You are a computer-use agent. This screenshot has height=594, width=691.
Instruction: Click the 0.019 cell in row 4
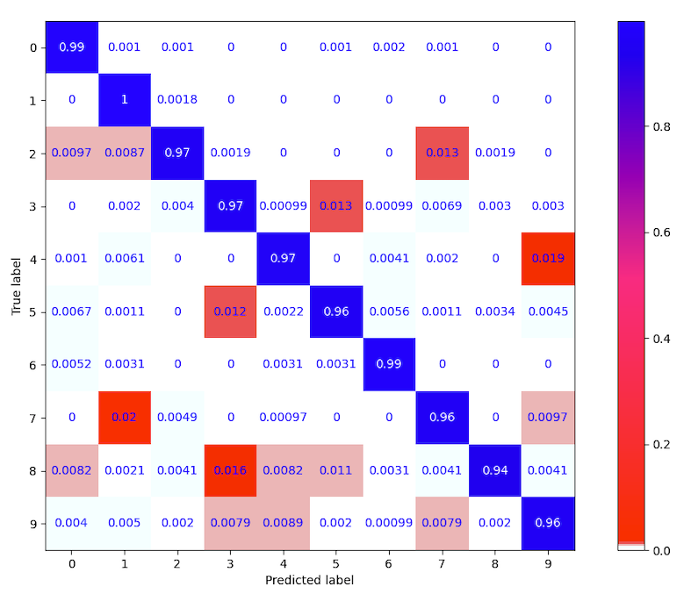548,259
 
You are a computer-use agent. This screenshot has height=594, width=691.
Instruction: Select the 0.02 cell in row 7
125,418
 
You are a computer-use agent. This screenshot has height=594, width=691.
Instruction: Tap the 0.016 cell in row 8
230,470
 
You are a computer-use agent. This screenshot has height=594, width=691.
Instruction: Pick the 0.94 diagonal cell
495,470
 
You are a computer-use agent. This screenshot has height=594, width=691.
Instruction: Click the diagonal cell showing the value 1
125,100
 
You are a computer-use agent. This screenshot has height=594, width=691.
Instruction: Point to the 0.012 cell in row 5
230,311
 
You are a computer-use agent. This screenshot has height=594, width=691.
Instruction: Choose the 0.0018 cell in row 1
177,100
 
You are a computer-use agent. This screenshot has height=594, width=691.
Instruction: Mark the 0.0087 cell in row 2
125,153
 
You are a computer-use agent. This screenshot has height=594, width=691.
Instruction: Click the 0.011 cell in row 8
336,470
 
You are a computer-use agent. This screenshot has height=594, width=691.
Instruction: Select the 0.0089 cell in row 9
284,524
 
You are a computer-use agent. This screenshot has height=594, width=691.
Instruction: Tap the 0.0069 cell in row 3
443,206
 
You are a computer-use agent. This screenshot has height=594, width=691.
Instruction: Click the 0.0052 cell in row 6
72,365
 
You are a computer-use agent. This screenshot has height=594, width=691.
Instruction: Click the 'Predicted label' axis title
310,579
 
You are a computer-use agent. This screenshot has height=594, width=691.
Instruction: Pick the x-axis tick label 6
390,563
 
